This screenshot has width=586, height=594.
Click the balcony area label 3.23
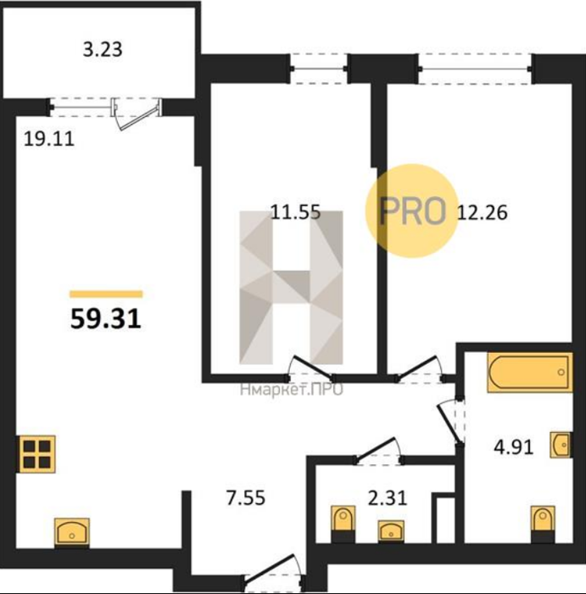click(x=103, y=49)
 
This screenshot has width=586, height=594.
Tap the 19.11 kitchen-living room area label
click(x=49, y=139)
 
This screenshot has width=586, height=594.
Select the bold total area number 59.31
click(x=106, y=318)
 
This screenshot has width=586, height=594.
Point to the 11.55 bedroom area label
click(x=296, y=212)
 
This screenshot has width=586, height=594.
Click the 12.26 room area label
click(x=483, y=212)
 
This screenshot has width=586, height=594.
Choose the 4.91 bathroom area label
click(x=513, y=447)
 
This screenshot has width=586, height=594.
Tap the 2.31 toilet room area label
click(x=388, y=498)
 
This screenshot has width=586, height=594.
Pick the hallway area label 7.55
click(x=246, y=498)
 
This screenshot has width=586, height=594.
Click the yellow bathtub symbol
click(x=529, y=372)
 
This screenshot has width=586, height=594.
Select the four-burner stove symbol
click(x=36, y=454)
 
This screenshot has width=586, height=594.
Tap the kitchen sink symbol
click(x=72, y=532)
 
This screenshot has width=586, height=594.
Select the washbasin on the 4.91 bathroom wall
click(x=561, y=445)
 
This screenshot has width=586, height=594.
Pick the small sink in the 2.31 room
click(x=391, y=530)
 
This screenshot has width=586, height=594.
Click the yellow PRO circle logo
click(x=412, y=211)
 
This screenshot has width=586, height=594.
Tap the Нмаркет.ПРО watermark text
click(x=292, y=389)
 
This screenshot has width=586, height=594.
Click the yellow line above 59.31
click(x=106, y=294)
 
